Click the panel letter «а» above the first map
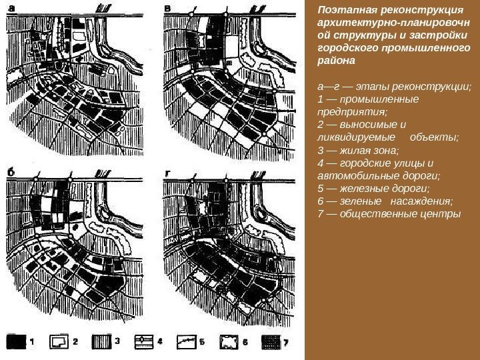pos(11,9)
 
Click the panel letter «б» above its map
pos(11,173)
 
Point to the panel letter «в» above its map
pos(167,9)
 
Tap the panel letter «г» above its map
pos(167,174)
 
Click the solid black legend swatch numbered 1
pos(16,341)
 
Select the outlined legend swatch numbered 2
pos(59,341)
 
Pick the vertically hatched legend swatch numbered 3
pos(101,341)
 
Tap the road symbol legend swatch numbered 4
pos(144,341)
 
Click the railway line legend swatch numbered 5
pos(187,341)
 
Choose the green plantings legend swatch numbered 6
pos(229,341)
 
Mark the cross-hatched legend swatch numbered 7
pos(271,341)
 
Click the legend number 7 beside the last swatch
pos(286,342)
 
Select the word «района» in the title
pos(336,60)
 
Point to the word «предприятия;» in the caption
pos(353,112)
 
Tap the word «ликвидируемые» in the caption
pos(356,137)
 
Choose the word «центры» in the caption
pos(442,214)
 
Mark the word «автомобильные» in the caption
pos(353,176)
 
